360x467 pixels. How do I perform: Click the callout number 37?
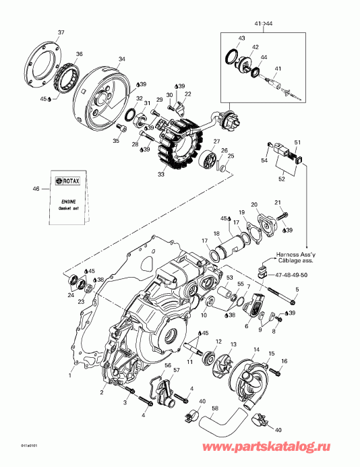(61, 33)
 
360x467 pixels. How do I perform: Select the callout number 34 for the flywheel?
(121, 59)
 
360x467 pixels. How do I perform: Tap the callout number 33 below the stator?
(160, 175)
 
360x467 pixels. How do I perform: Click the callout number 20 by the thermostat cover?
(254, 204)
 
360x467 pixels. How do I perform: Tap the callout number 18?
(216, 233)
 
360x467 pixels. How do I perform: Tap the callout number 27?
(217, 142)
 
